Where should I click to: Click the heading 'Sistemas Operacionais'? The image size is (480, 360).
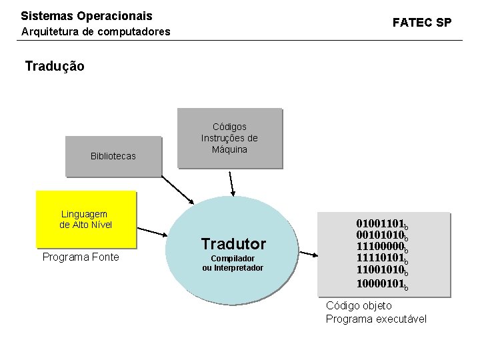pyautogui.click(x=87, y=15)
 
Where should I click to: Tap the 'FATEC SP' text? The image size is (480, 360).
pyautogui.click(x=422, y=23)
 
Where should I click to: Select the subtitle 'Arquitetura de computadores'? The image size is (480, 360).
pyautogui.click(x=96, y=31)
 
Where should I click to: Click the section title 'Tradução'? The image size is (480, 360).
pyautogui.click(x=55, y=66)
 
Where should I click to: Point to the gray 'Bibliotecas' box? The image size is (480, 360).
pyautogui.click(x=113, y=156)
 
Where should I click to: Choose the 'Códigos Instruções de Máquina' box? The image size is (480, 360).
pyautogui.click(x=229, y=138)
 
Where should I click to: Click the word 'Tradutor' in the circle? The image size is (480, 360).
pyautogui.click(x=233, y=243)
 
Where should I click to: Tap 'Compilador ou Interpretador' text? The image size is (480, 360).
pyautogui.click(x=233, y=263)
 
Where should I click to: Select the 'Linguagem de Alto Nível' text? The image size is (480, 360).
pyautogui.click(x=85, y=219)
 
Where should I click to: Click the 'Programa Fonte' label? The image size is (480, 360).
pyautogui.click(x=81, y=257)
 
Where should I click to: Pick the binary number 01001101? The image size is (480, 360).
pyautogui.click(x=381, y=223)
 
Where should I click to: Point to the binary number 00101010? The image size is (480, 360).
pyautogui.click(x=381, y=235)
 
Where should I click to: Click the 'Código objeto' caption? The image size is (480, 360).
pyautogui.click(x=359, y=305)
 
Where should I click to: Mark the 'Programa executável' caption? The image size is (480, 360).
pyautogui.click(x=376, y=319)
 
